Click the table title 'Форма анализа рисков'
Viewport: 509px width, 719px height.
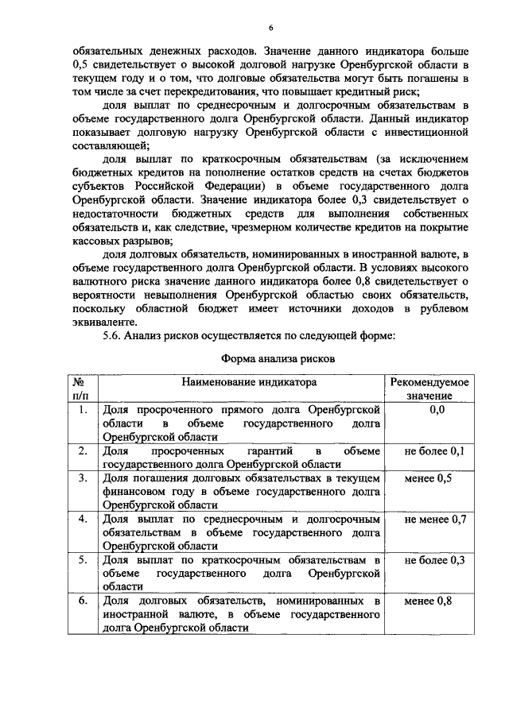click(x=278, y=358)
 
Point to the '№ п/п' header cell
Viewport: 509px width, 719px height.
click(x=80, y=388)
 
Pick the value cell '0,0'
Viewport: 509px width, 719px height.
click(x=437, y=409)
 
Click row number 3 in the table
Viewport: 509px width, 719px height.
click(x=82, y=478)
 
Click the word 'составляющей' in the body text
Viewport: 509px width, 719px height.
click(x=105, y=146)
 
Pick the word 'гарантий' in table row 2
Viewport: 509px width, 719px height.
click(x=255, y=451)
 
